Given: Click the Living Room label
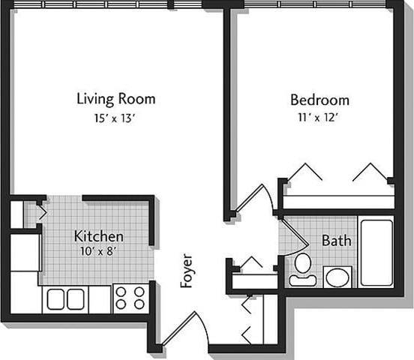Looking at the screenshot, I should click(x=116, y=98).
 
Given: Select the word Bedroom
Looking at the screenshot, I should click(x=320, y=100).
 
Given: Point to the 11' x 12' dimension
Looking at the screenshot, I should click(x=320, y=117).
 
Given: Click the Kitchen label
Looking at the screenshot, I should click(x=98, y=236).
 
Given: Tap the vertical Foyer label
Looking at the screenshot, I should click(x=187, y=270).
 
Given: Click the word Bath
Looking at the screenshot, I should click(x=336, y=241).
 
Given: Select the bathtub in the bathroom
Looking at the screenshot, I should click(x=376, y=252).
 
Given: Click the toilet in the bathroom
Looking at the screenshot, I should click(x=303, y=268).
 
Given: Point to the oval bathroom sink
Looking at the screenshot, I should click(x=337, y=277).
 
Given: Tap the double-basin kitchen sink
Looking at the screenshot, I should click(x=66, y=298).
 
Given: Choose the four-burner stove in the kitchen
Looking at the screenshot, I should click(x=130, y=297).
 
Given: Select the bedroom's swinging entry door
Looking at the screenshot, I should click(x=251, y=199).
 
